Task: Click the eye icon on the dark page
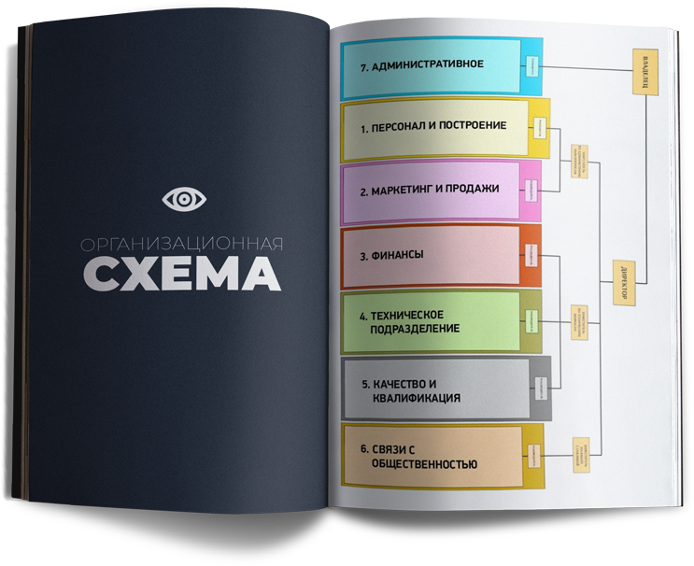click(183, 199)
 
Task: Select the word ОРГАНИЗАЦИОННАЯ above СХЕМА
click(181, 244)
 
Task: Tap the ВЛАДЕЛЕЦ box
click(645, 70)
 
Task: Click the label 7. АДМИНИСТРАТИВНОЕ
click(421, 64)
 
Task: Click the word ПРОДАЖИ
click(475, 190)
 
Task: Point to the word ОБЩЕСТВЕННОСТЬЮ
click(424, 464)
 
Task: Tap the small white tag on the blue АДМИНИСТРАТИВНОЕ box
click(530, 65)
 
